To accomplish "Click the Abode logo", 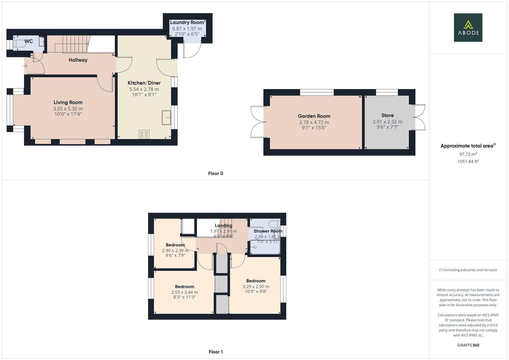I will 468,27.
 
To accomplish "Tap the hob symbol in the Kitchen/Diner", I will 144,134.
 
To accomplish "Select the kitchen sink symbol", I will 166,117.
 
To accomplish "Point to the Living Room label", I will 68,102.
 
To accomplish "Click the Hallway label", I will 78,60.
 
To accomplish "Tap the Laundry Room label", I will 187,22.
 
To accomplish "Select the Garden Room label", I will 314,116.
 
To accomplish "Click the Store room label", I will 387,115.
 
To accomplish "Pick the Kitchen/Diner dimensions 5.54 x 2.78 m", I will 144,89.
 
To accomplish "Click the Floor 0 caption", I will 215,173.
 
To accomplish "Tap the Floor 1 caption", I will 215,352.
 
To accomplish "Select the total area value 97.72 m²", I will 468,154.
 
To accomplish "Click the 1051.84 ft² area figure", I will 468,161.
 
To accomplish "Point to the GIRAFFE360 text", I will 468,345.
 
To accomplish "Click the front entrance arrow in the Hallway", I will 25,66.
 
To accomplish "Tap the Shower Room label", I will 268,231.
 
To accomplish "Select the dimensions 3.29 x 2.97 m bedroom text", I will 256,287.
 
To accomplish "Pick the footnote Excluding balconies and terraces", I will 468,270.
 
